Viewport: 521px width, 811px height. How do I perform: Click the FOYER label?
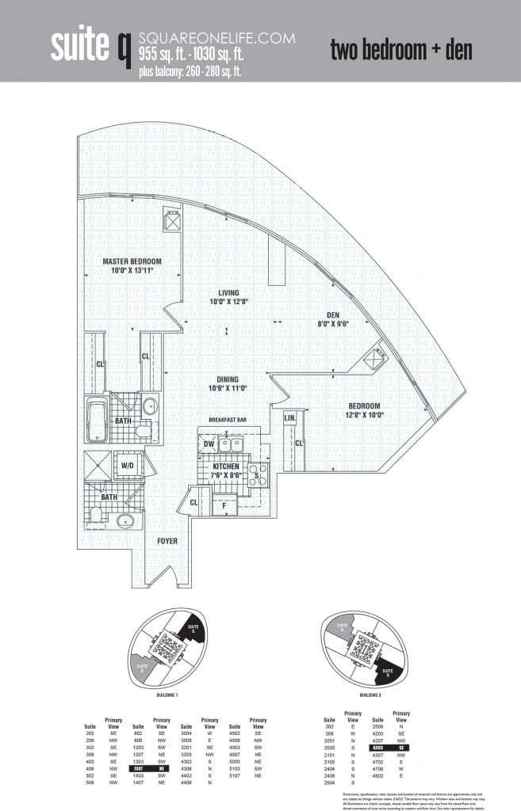coord(167,541)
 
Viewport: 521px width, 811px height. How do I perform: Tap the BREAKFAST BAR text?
coord(230,419)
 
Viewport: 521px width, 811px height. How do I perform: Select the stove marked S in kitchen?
coord(259,473)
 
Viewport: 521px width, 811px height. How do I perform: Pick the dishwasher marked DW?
coord(208,445)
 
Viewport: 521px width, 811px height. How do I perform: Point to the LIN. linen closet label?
coord(290,416)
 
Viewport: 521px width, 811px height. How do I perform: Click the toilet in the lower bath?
coord(96,515)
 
